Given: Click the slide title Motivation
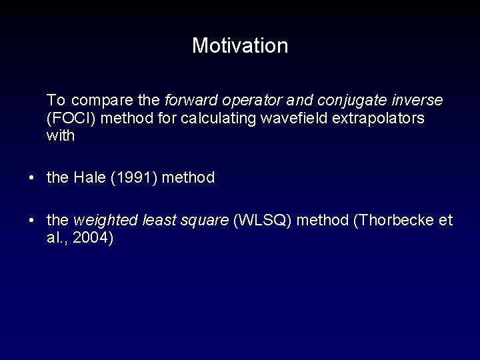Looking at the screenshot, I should coord(240,46).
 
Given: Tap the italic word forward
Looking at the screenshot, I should coord(187,101).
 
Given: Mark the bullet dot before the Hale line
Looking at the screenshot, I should coord(32,178).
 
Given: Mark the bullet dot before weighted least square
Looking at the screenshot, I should coord(32,221).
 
